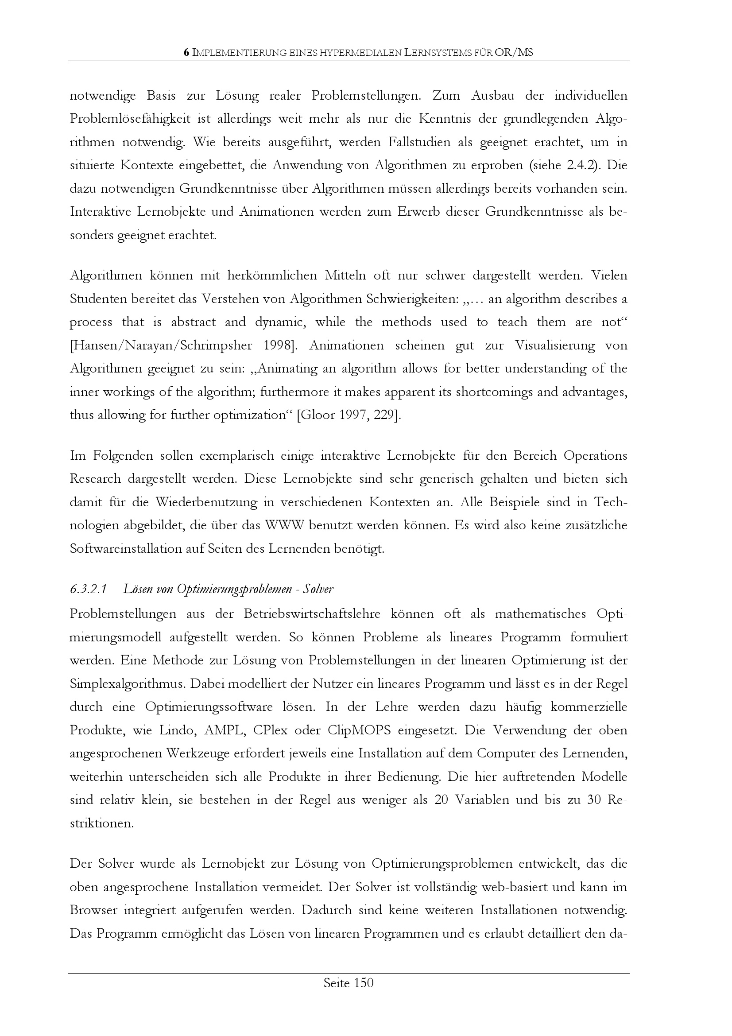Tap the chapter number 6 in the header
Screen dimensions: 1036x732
coord(186,53)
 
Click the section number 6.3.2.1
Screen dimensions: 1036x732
coord(88,589)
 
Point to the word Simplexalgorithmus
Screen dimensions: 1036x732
coord(126,684)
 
